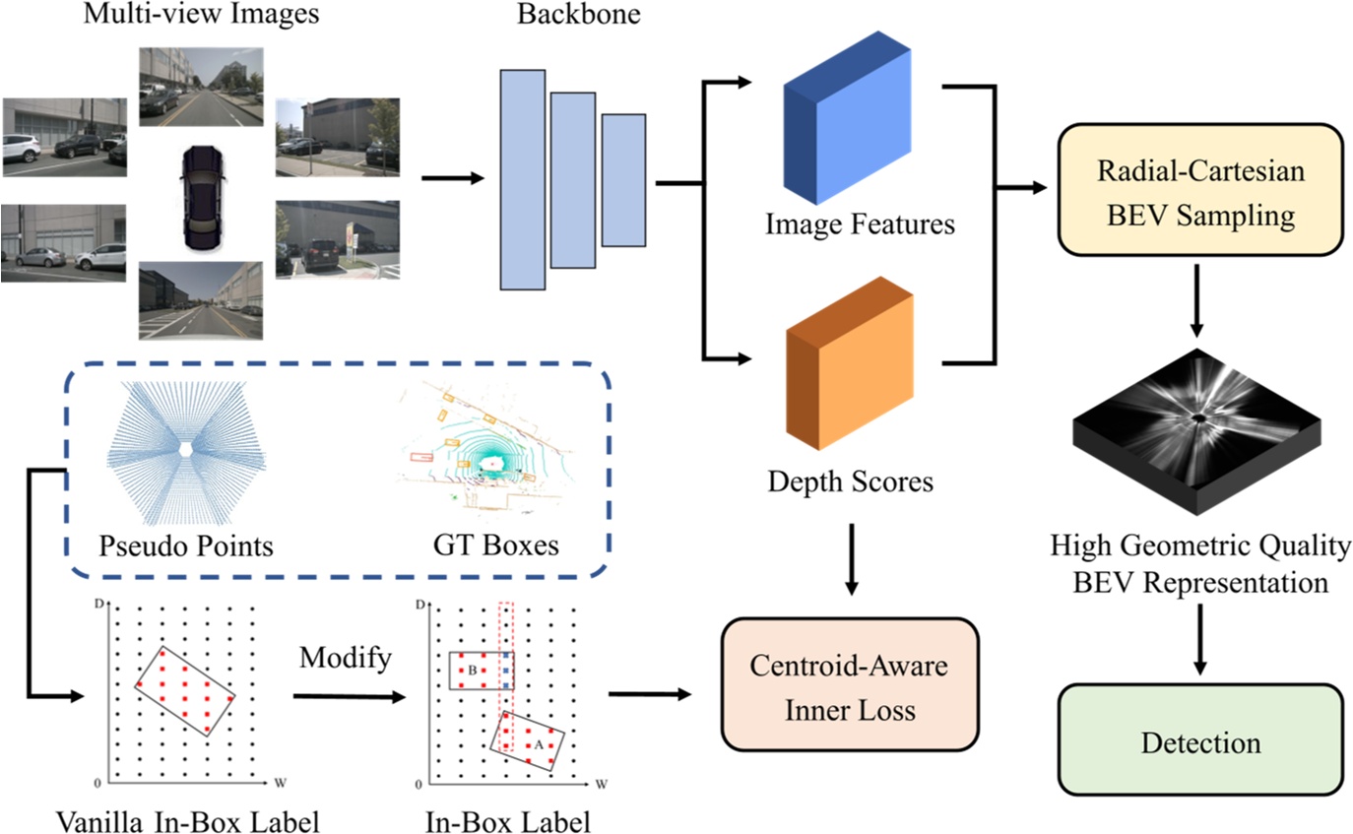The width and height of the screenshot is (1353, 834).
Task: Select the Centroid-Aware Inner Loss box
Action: [850, 685]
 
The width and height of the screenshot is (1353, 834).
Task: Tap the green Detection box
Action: [1200, 740]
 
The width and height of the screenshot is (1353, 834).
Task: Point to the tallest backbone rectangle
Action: [523, 178]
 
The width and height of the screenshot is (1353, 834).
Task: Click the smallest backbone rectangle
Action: [623, 179]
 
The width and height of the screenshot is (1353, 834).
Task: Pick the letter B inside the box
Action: [473, 671]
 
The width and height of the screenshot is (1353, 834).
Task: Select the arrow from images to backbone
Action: [454, 179]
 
